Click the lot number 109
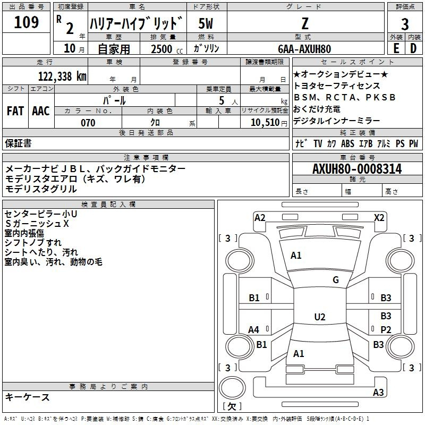tap(26, 22)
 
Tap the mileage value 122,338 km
tap(62, 76)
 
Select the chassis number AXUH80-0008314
tap(357, 169)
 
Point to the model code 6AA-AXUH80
tap(304, 49)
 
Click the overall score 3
tap(405, 24)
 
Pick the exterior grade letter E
tap(396, 48)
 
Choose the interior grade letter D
tap(413, 48)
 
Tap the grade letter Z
tap(305, 23)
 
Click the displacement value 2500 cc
tap(167, 49)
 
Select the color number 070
tap(88, 123)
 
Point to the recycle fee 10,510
tap(265, 122)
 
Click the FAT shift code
tap(15, 111)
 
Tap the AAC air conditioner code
tap(41, 111)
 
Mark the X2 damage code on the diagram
tap(379, 218)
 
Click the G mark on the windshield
tap(336, 280)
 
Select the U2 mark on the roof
tap(320, 317)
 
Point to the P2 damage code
tap(386, 329)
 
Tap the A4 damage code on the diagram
tap(254, 329)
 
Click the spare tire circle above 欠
tap(232, 388)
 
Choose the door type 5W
tap(206, 23)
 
